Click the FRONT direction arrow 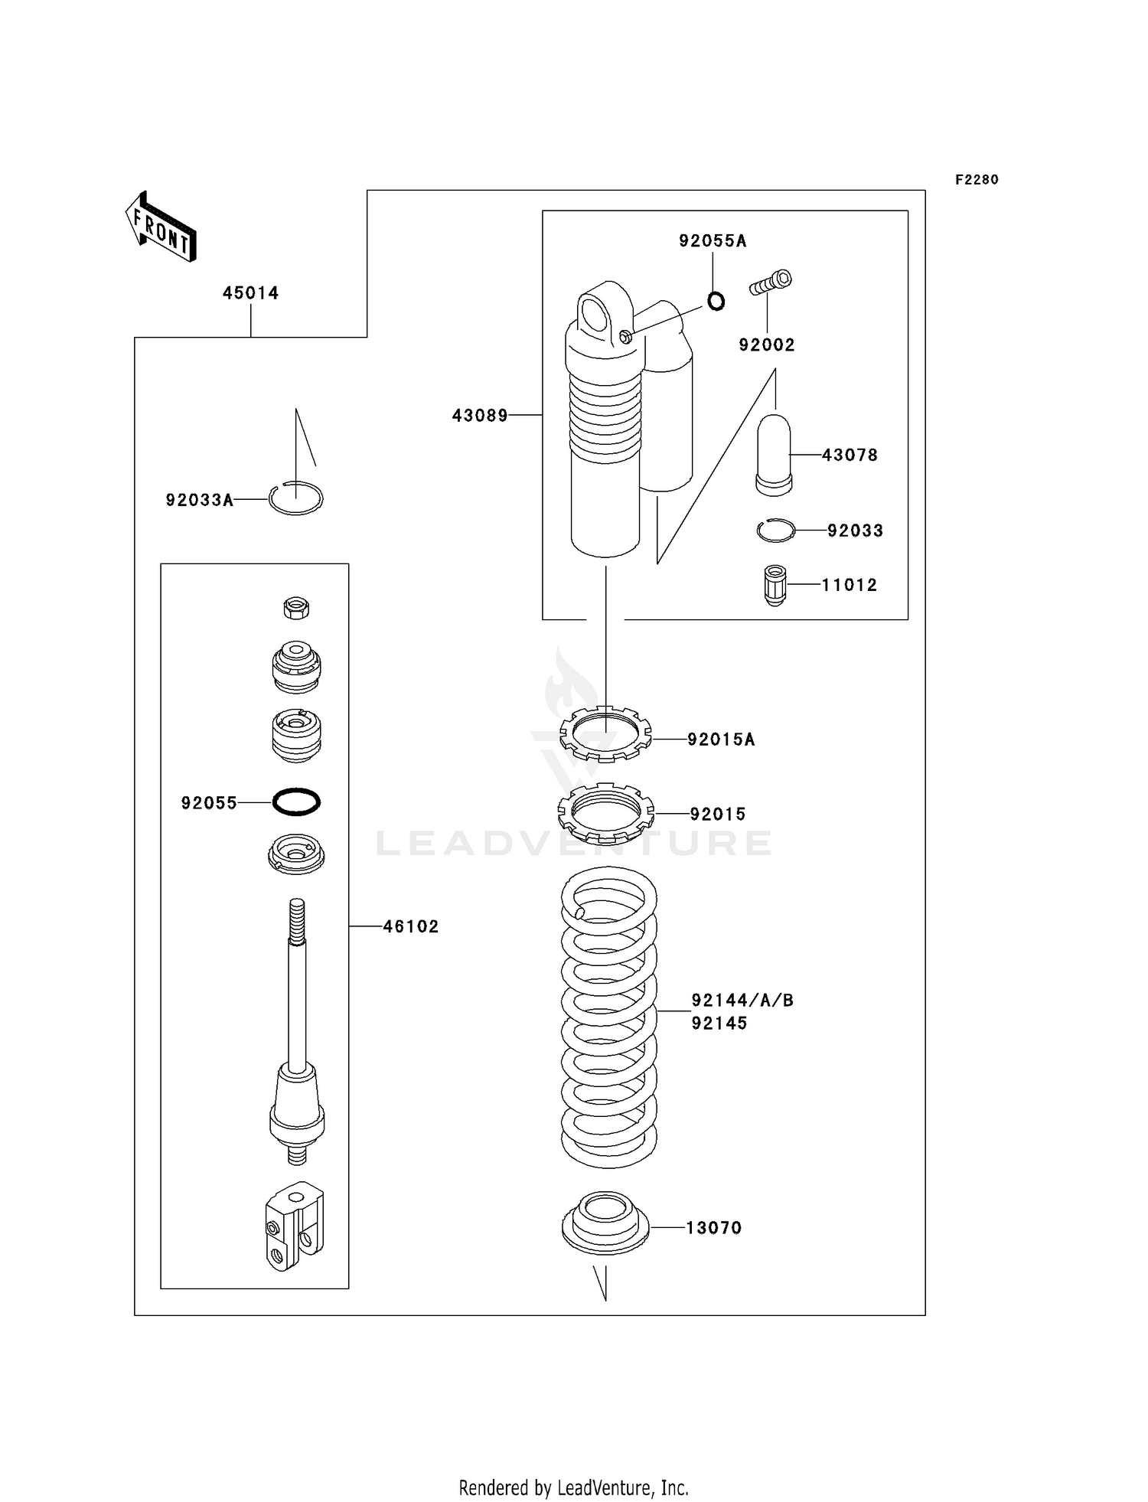[161, 227]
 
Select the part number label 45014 [250, 293]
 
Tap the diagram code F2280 [977, 180]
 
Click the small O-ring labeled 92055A [716, 302]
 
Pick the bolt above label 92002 [771, 282]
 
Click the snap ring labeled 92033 [775, 530]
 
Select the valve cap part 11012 [775, 585]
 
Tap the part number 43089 [480, 416]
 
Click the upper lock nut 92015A [605, 735]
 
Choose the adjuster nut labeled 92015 [605, 812]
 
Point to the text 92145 [719, 1024]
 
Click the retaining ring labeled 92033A [296, 499]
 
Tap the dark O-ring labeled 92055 [296, 802]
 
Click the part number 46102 [411, 926]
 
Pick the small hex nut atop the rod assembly [296, 609]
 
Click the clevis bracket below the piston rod [295, 1226]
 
